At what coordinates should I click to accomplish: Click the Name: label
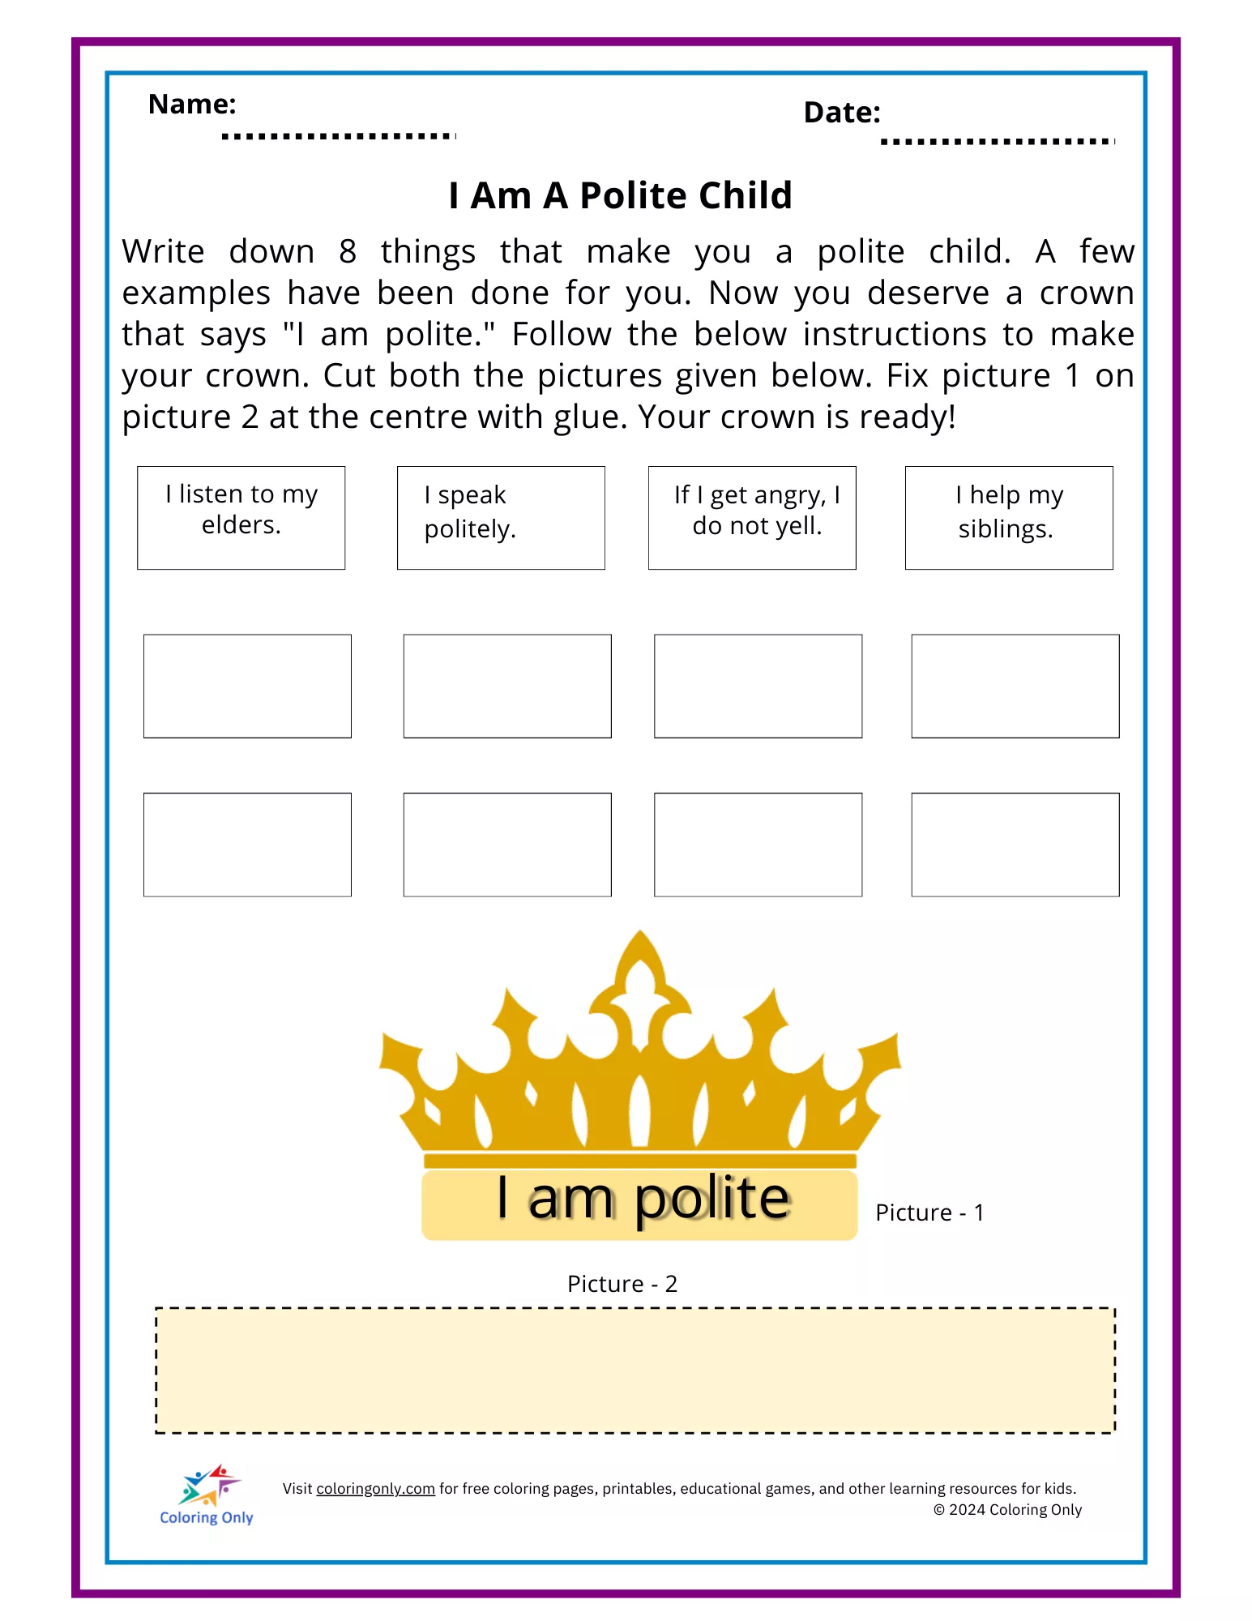[x=192, y=105]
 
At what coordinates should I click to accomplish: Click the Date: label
[x=841, y=113]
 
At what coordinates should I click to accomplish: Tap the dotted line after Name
[x=339, y=136]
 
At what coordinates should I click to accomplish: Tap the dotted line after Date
[x=998, y=142]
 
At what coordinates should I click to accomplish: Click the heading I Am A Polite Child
[x=620, y=195]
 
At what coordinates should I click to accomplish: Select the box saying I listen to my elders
[x=241, y=518]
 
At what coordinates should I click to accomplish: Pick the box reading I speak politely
[x=501, y=518]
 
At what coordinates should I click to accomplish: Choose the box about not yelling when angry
[x=752, y=518]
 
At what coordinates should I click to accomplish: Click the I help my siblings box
[x=1009, y=518]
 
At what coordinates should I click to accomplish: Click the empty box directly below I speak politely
[x=507, y=686]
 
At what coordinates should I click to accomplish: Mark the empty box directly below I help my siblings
[x=1015, y=686]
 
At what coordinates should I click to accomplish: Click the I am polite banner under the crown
[x=640, y=1203]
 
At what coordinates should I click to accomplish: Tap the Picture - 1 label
[x=929, y=1213]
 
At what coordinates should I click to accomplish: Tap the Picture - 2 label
[x=622, y=1284]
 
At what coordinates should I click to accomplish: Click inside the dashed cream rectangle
[x=635, y=1370]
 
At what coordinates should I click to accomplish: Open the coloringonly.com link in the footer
[x=375, y=1489]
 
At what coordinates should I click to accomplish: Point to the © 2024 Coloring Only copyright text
[x=1007, y=1510]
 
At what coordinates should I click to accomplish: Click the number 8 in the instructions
[x=348, y=252]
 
